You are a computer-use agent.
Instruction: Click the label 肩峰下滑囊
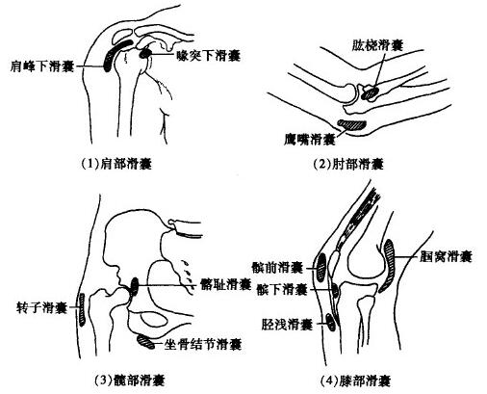(x=42, y=66)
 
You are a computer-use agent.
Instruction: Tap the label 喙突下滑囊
(x=209, y=56)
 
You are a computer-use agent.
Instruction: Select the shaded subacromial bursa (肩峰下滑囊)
(x=115, y=54)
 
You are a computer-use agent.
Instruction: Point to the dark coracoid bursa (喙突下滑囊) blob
(x=145, y=53)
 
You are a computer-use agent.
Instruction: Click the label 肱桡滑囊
(x=377, y=45)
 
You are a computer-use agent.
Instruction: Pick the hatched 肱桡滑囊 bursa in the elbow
(x=370, y=93)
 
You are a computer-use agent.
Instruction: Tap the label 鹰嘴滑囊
(x=310, y=140)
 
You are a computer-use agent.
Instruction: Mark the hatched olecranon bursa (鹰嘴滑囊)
(x=352, y=124)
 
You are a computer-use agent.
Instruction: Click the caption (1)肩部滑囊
(x=115, y=164)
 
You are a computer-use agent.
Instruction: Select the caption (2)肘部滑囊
(x=348, y=164)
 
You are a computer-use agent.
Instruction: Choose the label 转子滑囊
(x=41, y=308)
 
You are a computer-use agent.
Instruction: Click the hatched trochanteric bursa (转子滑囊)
(x=82, y=309)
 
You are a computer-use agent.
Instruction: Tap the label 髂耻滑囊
(x=225, y=284)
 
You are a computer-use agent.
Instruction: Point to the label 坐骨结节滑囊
(x=202, y=344)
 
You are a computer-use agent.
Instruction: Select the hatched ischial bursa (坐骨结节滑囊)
(x=145, y=341)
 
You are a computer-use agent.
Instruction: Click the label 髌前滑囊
(x=277, y=267)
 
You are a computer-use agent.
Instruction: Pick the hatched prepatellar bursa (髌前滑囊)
(x=321, y=267)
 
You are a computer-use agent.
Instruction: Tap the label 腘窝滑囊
(x=446, y=256)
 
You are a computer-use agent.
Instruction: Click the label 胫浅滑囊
(x=287, y=325)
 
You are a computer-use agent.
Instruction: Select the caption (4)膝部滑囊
(x=355, y=381)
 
